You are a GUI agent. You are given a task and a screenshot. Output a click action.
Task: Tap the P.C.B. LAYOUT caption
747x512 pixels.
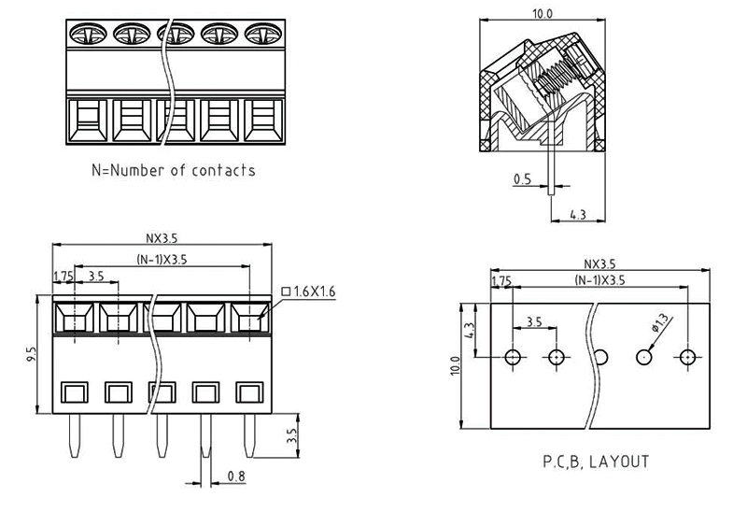pyautogui.click(x=596, y=461)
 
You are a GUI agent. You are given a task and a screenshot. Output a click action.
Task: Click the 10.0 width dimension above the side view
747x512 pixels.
pyautogui.click(x=543, y=14)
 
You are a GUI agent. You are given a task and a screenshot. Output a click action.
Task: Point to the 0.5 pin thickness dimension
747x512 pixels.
pyautogui.click(x=523, y=178)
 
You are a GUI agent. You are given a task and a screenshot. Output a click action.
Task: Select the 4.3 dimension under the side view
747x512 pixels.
pyautogui.click(x=577, y=215)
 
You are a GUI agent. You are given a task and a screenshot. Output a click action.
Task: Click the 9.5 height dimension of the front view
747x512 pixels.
pyautogui.click(x=31, y=355)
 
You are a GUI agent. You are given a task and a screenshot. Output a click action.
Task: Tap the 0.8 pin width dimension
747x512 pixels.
pyautogui.click(x=236, y=476)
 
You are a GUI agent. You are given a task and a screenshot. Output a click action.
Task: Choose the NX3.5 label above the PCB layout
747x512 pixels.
pyautogui.click(x=599, y=265)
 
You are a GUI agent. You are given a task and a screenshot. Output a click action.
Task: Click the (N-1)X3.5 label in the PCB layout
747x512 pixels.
pyautogui.click(x=599, y=280)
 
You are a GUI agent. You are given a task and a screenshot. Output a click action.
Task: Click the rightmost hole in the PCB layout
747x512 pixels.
pyautogui.click(x=689, y=357)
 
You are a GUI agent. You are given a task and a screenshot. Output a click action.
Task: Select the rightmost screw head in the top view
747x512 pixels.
pyautogui.click(x=262, y=34)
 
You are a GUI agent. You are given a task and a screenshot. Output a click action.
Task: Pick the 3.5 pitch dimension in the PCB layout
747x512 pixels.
pyautogui.click(x=534, y=321)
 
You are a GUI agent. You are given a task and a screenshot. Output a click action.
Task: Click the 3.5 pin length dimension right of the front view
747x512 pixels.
pyautogui.click(x=290, y=435)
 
